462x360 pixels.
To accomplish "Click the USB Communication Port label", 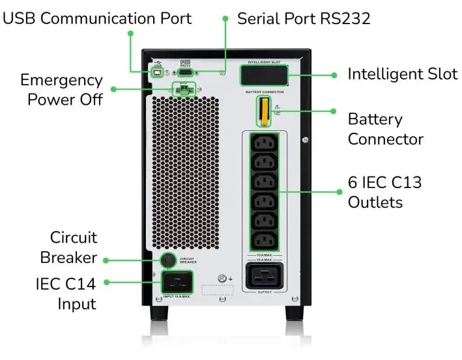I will (x=98, y=18).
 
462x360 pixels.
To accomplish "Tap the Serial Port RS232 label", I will (x=304, y=18).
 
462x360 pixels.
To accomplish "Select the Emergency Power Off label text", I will (x=62, y=90).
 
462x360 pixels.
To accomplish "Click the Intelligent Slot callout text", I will (x=402, y=74).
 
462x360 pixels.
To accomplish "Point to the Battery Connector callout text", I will (x=385, y=129).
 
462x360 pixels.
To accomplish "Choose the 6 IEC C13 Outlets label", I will (x=384, y=192).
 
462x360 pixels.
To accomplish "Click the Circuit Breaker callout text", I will (x=74, y=247).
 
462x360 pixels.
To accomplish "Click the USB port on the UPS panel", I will (x=158, y=73).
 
